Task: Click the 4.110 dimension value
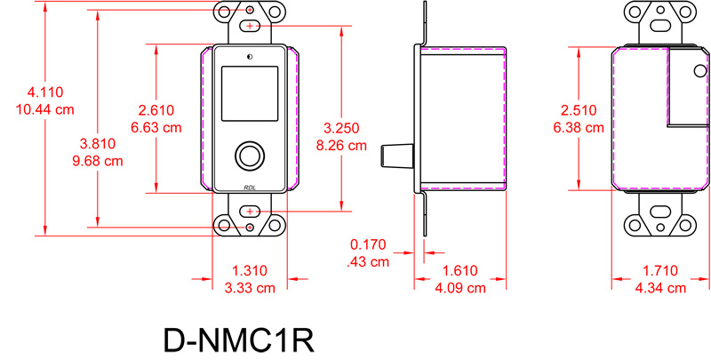[44, 93]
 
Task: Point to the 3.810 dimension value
[95, 143]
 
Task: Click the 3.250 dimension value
[341, 127]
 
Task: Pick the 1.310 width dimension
[250, 271]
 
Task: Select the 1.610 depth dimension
[461, 271]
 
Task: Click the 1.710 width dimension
[659, 271]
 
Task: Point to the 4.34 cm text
[659, 288]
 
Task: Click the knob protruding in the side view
[395, 156]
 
